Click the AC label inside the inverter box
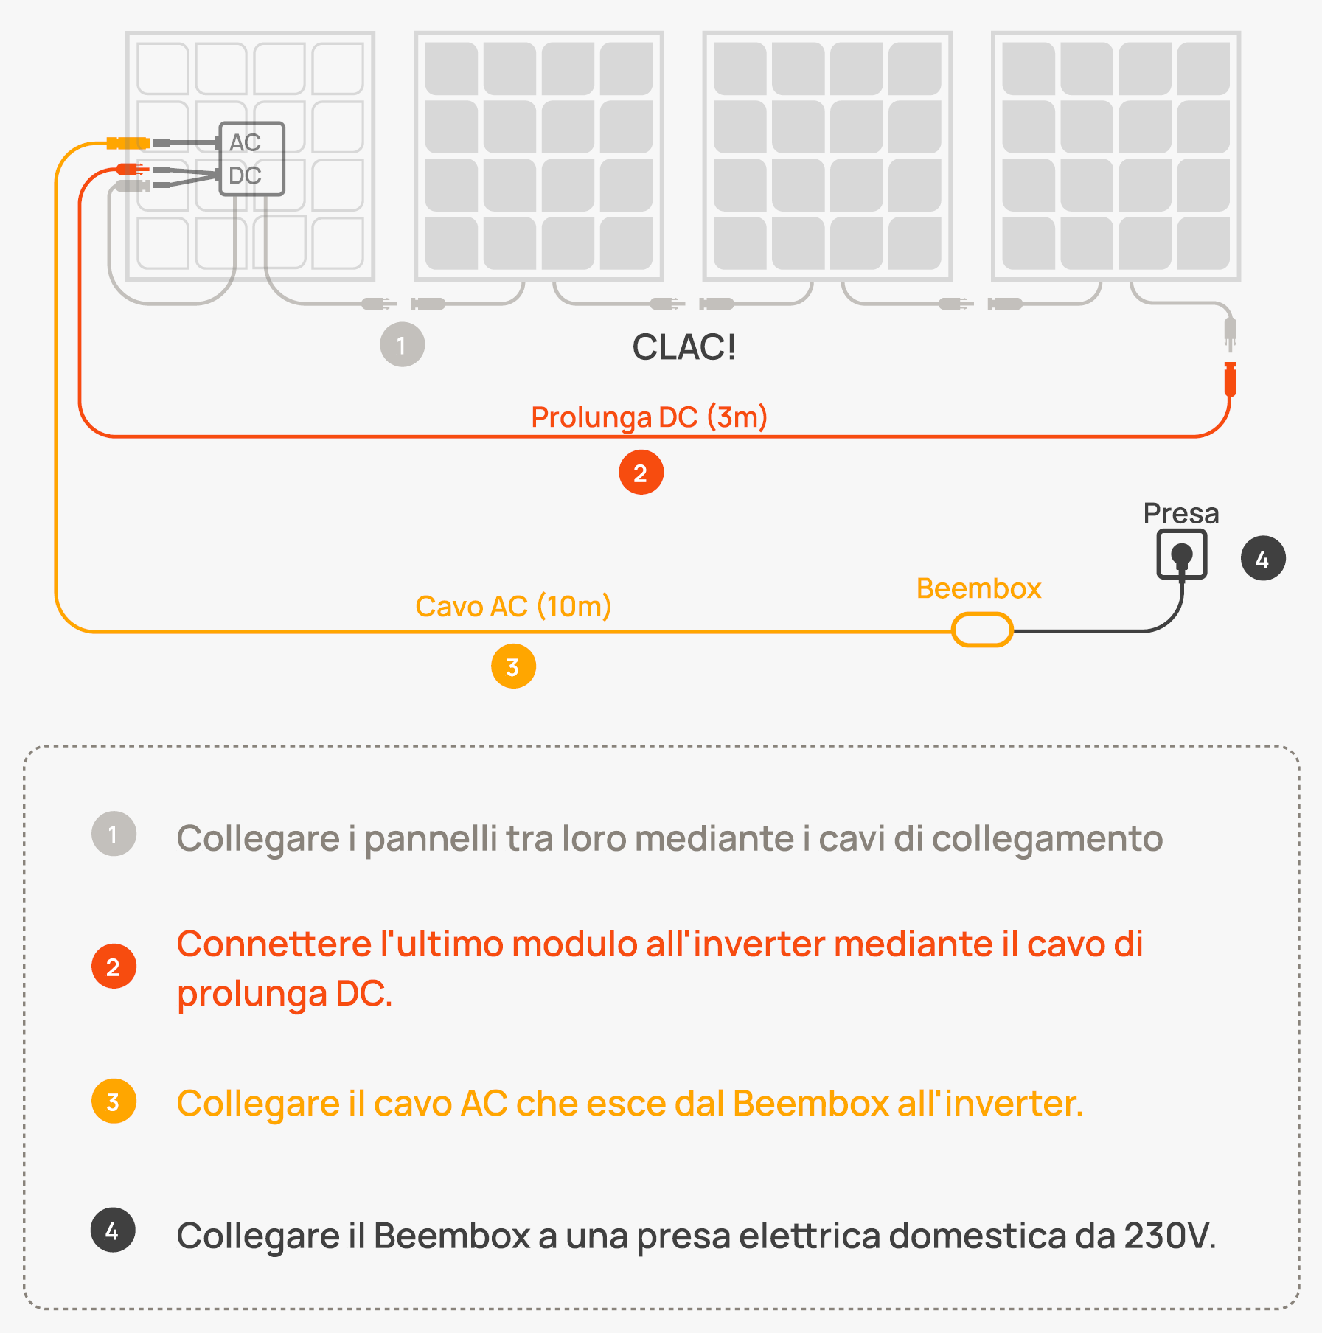pyautogui.click(x=245, y=142)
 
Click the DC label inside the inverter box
pyautogui.click(x=245, y=175)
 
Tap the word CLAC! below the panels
pyautogui.click(x=683, y=347)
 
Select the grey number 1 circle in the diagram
pyautogui.click(x=402, y=344)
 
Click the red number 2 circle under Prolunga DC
pyautogui.click(x=641, y=473)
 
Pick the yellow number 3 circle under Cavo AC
pyautogui.click(x=513, y=666)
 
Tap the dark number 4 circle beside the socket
pyautogui.click(x=1263, y=559)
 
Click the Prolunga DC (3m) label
pyautogui.click(x=649, y=417)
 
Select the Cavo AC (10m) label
pyautogui.click(x=513, y=606)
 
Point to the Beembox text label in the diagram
pyautogui.click(x=978, y=588)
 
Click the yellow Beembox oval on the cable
pyautogui.click(x=982, y=631)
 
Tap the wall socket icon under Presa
pyautogui.click(x=1181, y=554)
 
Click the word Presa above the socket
pyautogui.click(x=1180, y=513)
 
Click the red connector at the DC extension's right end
pyautogui.click(x=1230, y=380)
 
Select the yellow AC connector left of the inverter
pyautogui.click(x=128, y=142)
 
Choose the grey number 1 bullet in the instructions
pyautogui.click(x=114, y=835)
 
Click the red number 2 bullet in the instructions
pyautogui.click(x=114, y=967)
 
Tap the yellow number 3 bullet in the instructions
pyautogui.click(x=114, y=1102)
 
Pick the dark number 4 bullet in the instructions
pyautogui.click(x=113, y=1230)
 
